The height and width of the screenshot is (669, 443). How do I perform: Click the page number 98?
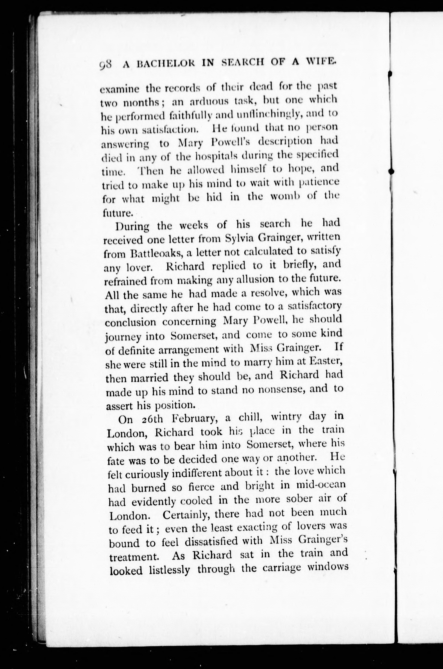(x=106, y=67)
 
